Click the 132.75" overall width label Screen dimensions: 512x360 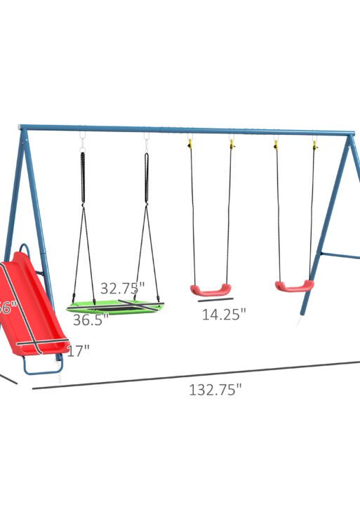[x=214, y=390]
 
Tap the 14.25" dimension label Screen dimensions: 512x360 [x=224, y=315]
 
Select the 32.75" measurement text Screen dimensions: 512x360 [x=122, y=288]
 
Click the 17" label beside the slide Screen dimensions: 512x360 [x=79, y=350]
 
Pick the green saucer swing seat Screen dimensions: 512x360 [x=116, y=307]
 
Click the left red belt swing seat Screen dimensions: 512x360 [x=210, y=289]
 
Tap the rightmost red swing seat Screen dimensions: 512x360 [x=294, y=286]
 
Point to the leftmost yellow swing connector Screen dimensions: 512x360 [x=189, y=144]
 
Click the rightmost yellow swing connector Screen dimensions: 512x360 [x=314, y=145]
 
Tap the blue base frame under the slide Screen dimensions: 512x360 [x=42, y=367]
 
